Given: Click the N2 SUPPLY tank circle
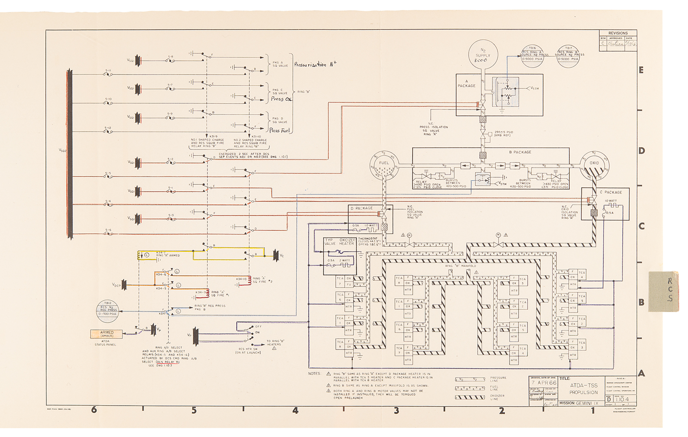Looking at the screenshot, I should pyautogui.click(x=483, y=55).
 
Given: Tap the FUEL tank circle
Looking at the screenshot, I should pyautogui.click(x=384, y=166).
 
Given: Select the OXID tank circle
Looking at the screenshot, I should pyautogui.click(x=594, y=166).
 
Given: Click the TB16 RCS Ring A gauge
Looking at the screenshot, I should pyautogui.click(x=532, y=56).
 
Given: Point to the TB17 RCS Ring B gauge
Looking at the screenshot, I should pyautogui.click(x=568, y=56).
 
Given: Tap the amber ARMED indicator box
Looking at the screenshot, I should pyautogui.click(x=107, y=333).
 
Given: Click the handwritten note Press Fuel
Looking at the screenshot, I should pyautogui.click(x=279, y=130).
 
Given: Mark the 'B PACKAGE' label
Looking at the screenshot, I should pyautogui.click(x=520, y=152).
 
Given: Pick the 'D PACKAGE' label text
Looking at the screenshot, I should pyautogui.click(x=362, y=208).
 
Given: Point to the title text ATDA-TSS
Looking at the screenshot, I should pyautogui.click(x=583, y=385).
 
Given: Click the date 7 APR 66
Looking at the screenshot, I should pyautogui.click(x=544, y=383).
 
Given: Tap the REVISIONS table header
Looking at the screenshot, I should pyautogui.click(x=618, y=33).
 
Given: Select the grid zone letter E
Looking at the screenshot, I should pyautogui.click(x=641, y=70).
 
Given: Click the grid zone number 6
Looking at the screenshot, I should pyautogui.click(x=94, y=410).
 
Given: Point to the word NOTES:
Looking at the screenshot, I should pyautogui.click(x=314, y=373).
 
